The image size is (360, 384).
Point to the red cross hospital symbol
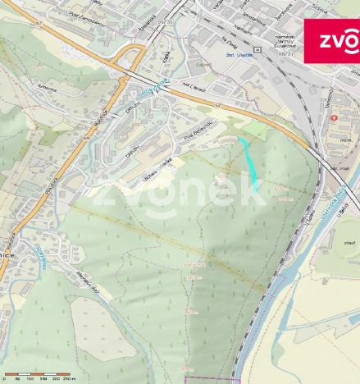[x=335, y=117]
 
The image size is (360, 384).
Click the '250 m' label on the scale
[x=69, y=380]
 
